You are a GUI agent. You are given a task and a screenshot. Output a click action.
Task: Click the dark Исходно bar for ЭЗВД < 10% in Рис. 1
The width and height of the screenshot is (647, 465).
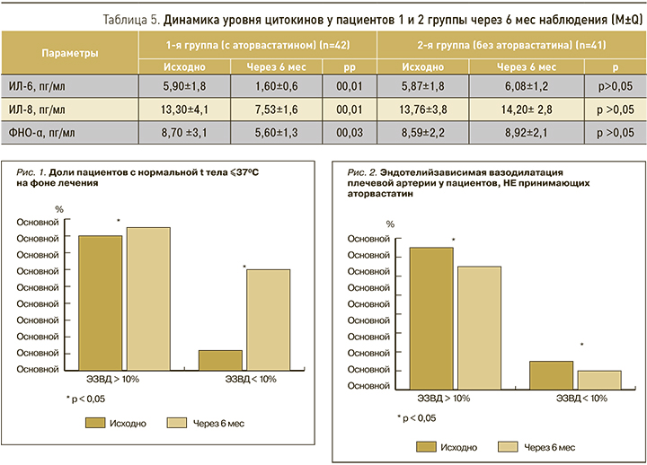point(220,359)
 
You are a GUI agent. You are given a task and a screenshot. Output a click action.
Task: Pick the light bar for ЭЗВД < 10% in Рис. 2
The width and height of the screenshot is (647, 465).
point(599,378)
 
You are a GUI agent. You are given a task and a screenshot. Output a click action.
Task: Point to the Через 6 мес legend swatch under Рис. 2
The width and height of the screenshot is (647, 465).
point(510,446)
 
